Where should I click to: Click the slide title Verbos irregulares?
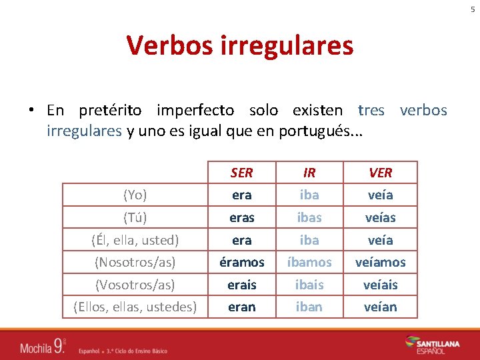click(240, 45)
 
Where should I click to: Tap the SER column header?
click(241, 173)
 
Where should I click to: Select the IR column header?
click(309, 173)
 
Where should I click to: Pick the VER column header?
click(380, 173)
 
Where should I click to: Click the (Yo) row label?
click(135, 195)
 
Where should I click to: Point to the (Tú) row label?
click(135, 217)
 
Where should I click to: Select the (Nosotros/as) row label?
click(135, 262)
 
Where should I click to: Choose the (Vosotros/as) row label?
click(135, 285)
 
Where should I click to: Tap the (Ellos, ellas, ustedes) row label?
click(135, 307)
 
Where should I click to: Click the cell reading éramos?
click(241, 262)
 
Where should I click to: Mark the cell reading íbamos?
click(309, 262)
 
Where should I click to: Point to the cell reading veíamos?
click(380, 262)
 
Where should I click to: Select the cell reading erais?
click(241, 285)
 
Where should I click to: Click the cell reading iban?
click(309, 307)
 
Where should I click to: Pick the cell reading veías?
click(380, 217)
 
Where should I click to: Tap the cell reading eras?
click(241, 217)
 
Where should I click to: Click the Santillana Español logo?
click(432, 345)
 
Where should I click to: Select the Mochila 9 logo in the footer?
click(43, 345)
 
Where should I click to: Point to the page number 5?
click(473, 9)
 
